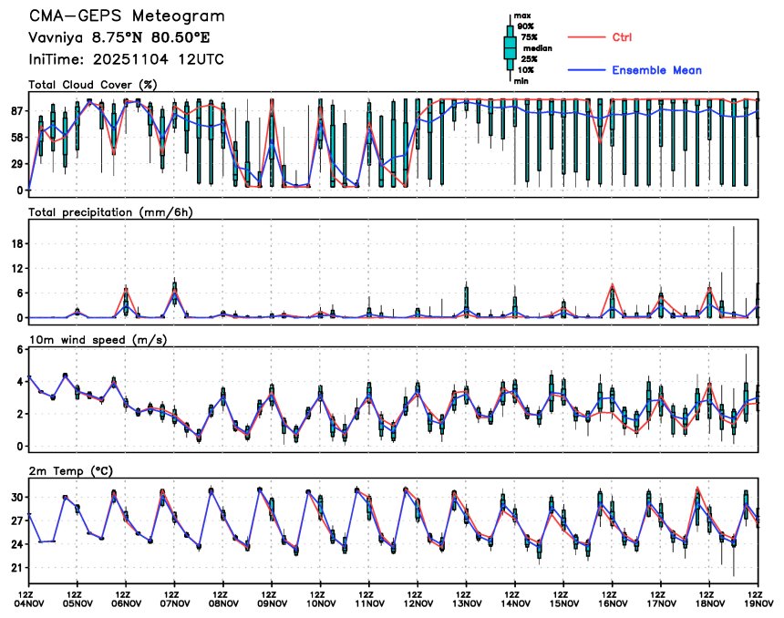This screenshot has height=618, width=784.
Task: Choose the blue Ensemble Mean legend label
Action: [656, 70]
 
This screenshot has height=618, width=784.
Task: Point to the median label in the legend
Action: [537, 48]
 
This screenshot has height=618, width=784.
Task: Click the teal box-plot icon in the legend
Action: [510, 48]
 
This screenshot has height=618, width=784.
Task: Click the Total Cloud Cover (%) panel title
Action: [92, 85]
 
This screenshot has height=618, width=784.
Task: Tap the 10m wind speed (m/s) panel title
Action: [103, 340]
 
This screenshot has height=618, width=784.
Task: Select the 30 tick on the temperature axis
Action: [18, 498]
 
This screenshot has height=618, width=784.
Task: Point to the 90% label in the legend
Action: [526, 26]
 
